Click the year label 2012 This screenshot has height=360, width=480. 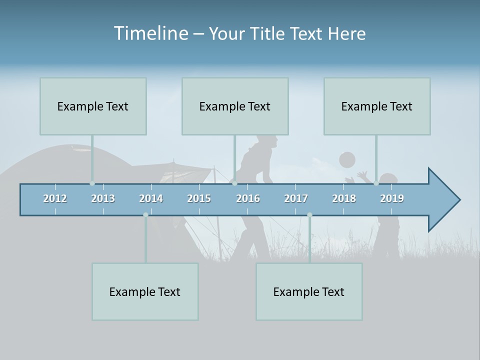click(55, 198)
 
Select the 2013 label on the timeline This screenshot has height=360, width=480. click(103, 198)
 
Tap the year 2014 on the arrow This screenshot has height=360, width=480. click(151, 198)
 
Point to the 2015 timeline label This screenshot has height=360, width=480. click(199, 198)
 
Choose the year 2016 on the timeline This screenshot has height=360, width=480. click(248, 198)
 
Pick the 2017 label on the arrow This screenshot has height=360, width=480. click(296, 198)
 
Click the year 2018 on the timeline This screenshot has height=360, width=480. click(344, 198)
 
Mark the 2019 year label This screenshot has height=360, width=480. click(392, 198)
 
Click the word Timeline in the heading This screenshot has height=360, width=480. click(149, 33)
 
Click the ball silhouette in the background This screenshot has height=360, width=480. click(347, 160)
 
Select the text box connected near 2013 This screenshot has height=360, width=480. click(93, 106)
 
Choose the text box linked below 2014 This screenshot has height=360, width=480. click(145, 291)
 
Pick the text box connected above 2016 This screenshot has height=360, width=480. click(235, 106)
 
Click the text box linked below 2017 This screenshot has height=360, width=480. click(309, 291)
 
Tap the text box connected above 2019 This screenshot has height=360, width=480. click(377, 106)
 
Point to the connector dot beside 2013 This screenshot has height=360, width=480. click(92, 183)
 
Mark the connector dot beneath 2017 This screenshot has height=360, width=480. click(309, 215)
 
